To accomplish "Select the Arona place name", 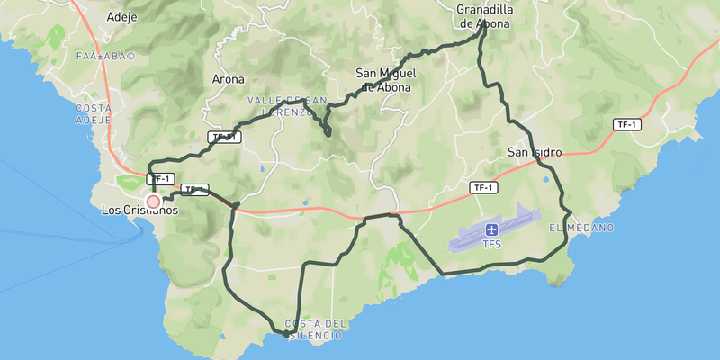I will coord(228,79).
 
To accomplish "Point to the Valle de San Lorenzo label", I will coord(288,105).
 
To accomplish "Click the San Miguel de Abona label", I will coord(384,80).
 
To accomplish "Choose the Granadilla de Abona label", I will coord(484,17).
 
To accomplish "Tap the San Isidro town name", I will coord(535,152).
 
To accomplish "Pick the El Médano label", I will coord(581,228).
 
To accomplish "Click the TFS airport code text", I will coord(492,244).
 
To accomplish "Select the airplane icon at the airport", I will coord(492,229).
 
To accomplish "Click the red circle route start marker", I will coord(153,202).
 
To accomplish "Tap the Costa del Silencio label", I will coord(314,329).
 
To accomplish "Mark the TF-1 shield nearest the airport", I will coord(483,187).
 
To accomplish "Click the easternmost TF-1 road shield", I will coord(627,124).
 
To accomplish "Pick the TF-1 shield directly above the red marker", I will coord(160,179).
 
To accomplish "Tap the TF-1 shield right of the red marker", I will coord(194,190).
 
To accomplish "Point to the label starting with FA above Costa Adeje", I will coord(106,57).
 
